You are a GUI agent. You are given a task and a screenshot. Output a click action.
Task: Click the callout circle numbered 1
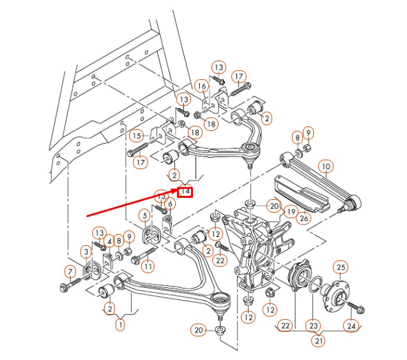(x=119, y=325)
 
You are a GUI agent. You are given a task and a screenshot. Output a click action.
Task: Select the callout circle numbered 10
(x=326, y=167)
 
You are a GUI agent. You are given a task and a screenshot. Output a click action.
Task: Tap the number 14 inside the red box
(x=185, y=190)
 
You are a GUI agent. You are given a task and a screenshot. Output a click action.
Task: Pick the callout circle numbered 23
(x=313, y=326)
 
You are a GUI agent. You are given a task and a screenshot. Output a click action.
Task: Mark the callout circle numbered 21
(x=318, y=341)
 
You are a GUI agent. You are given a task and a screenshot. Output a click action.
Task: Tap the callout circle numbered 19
(x=291, y=211)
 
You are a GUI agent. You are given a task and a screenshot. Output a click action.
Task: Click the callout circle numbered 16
(x=202, y=86)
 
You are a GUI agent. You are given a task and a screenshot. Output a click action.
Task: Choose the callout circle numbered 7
(x=70, y=273)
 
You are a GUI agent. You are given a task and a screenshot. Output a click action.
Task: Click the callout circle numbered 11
(x=148, y=266)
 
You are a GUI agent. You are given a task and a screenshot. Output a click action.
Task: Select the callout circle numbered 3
(x=86, y=252)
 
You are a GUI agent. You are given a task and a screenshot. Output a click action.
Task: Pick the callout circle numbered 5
(x=145, y=216)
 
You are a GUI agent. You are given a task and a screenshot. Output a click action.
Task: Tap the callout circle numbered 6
(x=171, y=204)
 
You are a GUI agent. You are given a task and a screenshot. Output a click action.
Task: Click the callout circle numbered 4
(x=110, y=242)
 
